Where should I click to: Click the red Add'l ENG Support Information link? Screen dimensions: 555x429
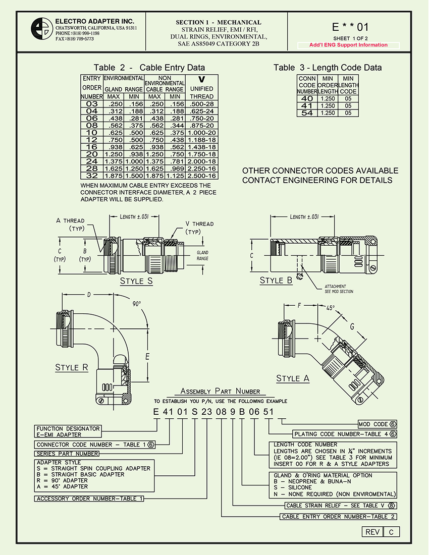349,45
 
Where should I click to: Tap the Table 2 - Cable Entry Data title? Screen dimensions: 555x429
149,68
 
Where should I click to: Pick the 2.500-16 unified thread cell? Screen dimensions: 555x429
201,176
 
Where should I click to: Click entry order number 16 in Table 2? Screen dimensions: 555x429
91,147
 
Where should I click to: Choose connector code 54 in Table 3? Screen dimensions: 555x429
307,113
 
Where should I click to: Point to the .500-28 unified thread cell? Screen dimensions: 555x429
201,103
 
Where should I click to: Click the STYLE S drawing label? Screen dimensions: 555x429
136,281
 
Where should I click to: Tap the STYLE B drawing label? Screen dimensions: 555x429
276,280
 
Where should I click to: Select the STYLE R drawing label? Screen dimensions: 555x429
72,367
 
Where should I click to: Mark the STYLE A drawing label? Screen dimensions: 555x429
293,378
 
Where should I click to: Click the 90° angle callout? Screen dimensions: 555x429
137,304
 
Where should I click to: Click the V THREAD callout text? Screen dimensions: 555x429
199,224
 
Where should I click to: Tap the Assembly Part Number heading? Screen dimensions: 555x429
221,391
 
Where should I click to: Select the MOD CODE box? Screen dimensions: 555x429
377,424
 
